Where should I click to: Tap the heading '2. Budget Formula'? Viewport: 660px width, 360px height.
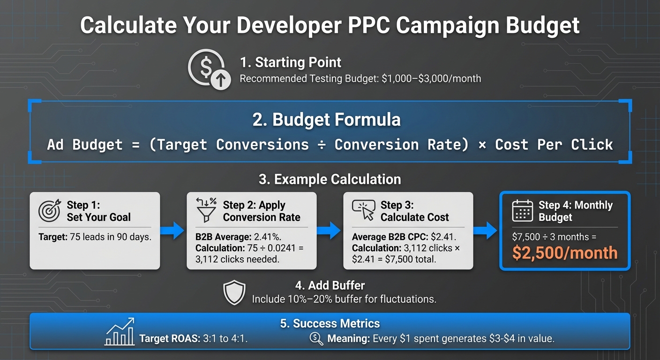pos(327,120)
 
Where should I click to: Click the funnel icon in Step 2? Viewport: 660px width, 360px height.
pos(206,210)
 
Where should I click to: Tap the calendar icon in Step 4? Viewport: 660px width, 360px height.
pos(522,210)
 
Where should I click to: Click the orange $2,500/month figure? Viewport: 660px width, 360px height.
pos(564,253)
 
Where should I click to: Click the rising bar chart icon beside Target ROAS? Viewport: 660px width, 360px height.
pos(120,332)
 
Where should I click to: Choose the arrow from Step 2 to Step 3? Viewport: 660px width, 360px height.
pos(330,231)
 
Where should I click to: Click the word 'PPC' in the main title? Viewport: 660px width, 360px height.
pos(367,26)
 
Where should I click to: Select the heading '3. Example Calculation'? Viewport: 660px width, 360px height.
pos(330,179)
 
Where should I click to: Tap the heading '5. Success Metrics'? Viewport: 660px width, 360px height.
pos(330,323)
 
